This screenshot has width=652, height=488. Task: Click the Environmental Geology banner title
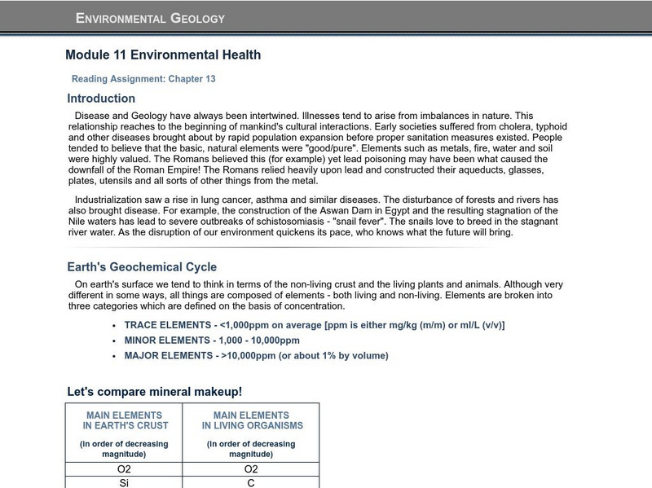point(150,18)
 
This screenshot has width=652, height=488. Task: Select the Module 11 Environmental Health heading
point(163,55)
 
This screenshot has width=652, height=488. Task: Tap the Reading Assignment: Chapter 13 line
point(143,79)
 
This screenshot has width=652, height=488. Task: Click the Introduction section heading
point(101,99)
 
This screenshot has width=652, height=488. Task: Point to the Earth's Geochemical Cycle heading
point(142,267)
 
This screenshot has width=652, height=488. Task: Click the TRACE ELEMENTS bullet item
point(314,325)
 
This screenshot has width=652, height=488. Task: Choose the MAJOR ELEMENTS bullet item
point(256,356)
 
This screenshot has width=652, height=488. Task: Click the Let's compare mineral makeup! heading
point(154,392)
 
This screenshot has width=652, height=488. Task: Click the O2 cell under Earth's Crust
point(124,469)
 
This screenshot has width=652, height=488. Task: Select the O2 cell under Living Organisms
point(251,469)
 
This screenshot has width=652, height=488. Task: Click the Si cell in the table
point(124,483)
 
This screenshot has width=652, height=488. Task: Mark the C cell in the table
point(251,483)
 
